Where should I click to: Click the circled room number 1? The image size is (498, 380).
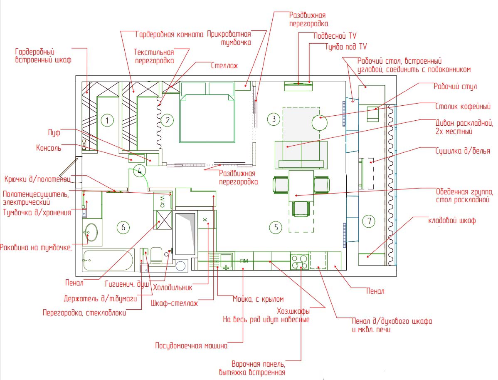107,121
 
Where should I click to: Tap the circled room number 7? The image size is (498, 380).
369,221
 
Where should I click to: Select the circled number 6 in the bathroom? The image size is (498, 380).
123,227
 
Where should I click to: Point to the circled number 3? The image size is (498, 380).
274,119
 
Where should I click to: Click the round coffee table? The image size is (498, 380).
320,122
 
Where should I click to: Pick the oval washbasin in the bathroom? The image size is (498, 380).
91,232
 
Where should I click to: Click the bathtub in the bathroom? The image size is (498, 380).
108,260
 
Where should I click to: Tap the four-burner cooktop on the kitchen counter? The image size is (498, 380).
299,261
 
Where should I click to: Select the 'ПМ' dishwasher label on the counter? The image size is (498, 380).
244,261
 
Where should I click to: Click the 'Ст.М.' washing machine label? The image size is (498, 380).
163,201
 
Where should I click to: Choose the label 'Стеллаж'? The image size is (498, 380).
224,66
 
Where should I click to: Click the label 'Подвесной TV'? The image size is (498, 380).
335,36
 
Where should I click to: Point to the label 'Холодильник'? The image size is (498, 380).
173,288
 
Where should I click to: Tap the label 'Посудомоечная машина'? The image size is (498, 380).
191,345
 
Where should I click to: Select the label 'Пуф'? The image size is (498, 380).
54,133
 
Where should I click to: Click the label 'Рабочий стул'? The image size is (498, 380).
455,87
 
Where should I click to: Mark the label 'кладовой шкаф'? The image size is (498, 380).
452,220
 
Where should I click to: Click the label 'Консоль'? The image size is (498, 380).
49,148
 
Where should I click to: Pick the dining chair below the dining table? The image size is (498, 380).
301,209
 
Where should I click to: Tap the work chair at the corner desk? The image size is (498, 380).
373,114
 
